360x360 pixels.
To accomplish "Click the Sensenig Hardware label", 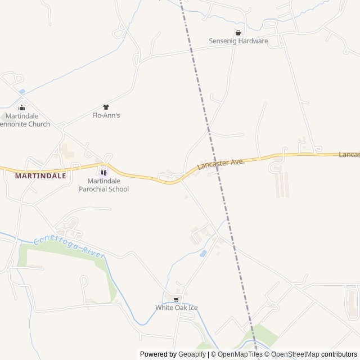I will tap(238, 41).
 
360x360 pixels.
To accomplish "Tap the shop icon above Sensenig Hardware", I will tap(238, 33).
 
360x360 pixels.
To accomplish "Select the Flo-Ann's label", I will tap(106, 115).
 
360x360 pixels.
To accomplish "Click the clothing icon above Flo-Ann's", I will tap(106, 107).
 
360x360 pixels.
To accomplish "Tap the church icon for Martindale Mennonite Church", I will tap(22, 107).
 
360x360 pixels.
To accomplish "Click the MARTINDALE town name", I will tap(40, 175).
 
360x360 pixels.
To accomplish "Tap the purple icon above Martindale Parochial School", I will tap(103, 172).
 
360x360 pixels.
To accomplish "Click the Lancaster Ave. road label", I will tap(221, 164).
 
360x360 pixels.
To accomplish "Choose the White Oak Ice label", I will tap(177, 308).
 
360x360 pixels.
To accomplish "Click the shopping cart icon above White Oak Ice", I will tap(176, 299).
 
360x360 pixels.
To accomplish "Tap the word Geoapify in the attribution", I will tap(192, 354).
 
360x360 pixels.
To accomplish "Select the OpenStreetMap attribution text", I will tap(295, 354).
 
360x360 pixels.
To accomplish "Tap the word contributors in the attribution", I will tap(339, 354).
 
